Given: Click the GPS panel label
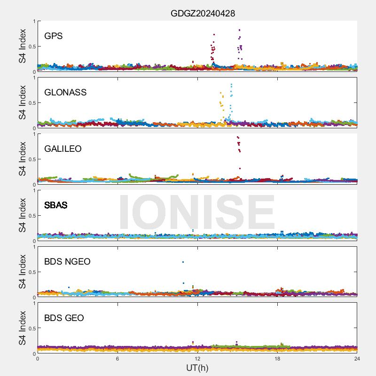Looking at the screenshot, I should click(x=54, y=36).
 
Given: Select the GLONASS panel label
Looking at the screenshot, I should click(x=65, y=92).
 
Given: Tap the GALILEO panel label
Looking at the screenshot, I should click(x=63, y=149).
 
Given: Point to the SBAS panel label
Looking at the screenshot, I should click(x=56, y=205).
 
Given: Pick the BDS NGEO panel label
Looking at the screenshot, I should click(x=67, y=261).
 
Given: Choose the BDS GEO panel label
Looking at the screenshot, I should click(x=64, y=318).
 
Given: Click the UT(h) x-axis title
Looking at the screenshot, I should click(x=197, y=368).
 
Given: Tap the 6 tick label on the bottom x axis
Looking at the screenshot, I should click(x=117, y=359).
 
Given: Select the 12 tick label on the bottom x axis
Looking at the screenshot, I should click(x=197, y=359).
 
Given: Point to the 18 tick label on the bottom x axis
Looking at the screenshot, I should click(x=277, y=359).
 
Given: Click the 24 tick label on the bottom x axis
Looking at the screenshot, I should click(x=357, y=359).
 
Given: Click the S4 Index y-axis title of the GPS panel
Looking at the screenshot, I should click(x=23, y=46).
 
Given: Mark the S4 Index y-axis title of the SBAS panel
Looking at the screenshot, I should click(x=23, y=215).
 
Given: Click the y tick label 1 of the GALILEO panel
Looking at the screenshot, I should click(x=34, y=134).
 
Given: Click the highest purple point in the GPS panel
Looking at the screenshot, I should click(x=239, y=30).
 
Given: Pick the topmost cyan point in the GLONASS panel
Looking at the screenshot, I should click(x=231, y=85).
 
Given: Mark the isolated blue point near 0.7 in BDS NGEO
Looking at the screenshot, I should click(x=183, y=262).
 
